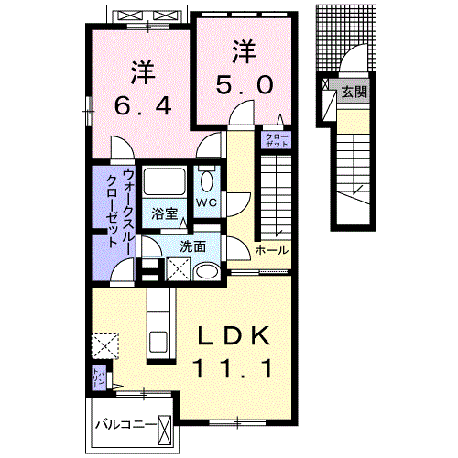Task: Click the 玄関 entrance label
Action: click(x=354, y=92)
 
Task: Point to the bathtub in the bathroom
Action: click(x=166, y=183)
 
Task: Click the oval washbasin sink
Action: click(x=207, y=270)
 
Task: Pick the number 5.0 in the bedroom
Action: click(x=244, y=85)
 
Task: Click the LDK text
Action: click(x=234, y=338)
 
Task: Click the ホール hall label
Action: click(x=271, y=250)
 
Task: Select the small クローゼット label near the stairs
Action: click(x=277, y=141)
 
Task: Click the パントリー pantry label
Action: click(x=95, y=376)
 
